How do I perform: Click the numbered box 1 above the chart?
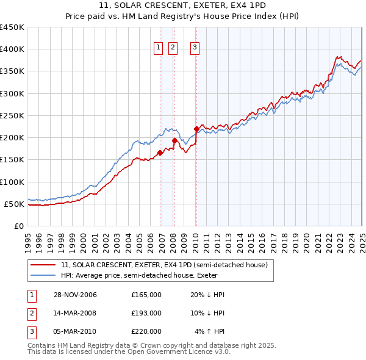coord(158,49)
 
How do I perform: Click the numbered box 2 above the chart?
coord(173,49)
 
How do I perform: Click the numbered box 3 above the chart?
coord(195,49)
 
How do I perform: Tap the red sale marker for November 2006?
coord(160,153)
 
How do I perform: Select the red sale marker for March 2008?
coord(174,140)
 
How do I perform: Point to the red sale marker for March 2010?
coord(196,129)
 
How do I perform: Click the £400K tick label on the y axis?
coord(12,49)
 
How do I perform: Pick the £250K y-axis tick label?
coord(12,115)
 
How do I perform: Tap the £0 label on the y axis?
coord(18,226)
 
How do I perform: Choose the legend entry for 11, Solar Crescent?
coord(164,265)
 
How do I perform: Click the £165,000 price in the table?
coord(146,295)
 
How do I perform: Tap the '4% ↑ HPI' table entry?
coord(210,331)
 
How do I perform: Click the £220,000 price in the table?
coord(146,331)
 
